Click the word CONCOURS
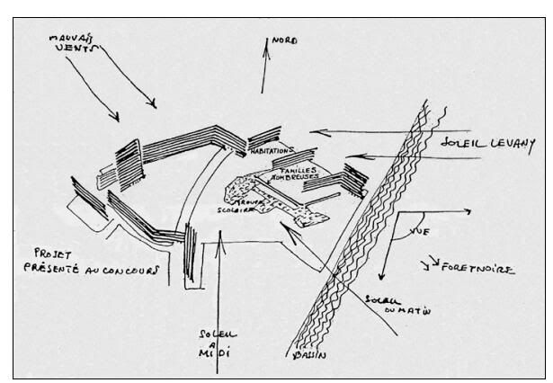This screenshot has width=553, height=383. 132,269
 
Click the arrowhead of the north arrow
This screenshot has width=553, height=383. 264,44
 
